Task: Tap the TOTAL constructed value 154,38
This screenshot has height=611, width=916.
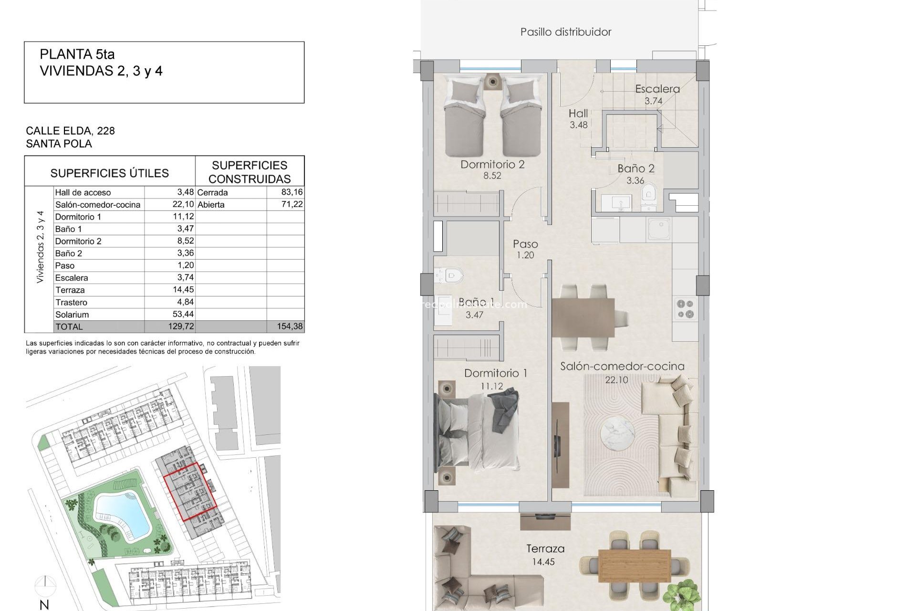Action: point(290,327)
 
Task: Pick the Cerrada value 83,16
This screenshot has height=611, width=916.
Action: point(292,192)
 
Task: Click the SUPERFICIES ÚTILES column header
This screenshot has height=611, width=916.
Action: point(110,173)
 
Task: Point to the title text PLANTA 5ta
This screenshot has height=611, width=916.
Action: point(77,54)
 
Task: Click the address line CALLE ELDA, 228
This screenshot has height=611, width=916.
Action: point(70,131)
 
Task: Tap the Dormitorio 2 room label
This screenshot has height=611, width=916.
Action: point(492,165)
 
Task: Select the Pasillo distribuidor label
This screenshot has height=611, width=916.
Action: point(566,32)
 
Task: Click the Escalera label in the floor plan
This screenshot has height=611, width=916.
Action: point(657,89)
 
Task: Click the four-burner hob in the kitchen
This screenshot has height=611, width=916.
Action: point(686,308)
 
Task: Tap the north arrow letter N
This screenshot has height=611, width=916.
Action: point(44,605)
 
